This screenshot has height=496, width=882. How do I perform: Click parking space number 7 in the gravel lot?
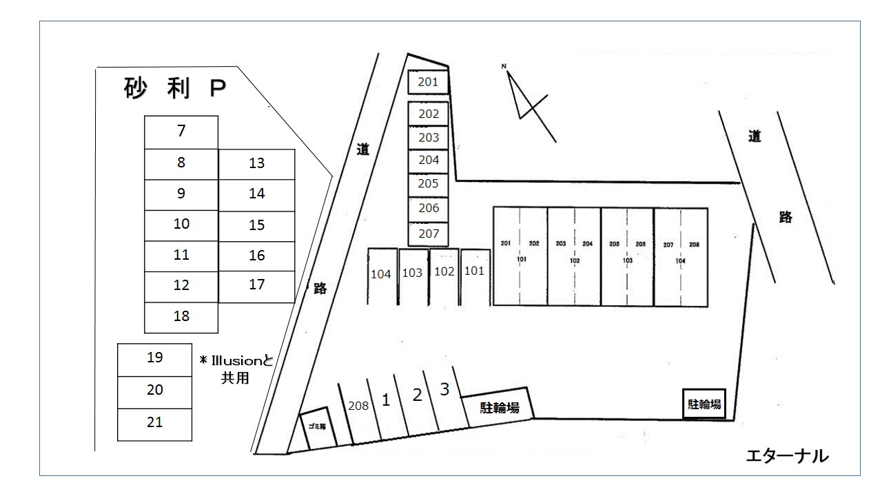(181, 131)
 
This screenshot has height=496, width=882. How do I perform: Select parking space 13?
(257, 164)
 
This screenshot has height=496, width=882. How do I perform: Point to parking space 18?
(181, 317)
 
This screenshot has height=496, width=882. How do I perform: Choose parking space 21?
(155, 423)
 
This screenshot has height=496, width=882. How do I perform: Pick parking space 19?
(155, 358)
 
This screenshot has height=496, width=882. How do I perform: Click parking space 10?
(181, 225)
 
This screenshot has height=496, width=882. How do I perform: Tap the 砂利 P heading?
(175, 89)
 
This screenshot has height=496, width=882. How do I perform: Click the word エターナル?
(787, 455)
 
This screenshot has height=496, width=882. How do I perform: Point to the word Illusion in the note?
(238, 360)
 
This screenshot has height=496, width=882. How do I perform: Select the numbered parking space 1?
(386, 400)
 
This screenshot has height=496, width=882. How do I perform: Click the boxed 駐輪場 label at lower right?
(704, 404)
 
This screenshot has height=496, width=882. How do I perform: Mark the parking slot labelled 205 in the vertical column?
(429, 185)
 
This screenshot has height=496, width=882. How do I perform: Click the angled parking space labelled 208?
(358, 406)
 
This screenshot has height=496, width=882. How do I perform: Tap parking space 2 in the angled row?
(416, 395)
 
